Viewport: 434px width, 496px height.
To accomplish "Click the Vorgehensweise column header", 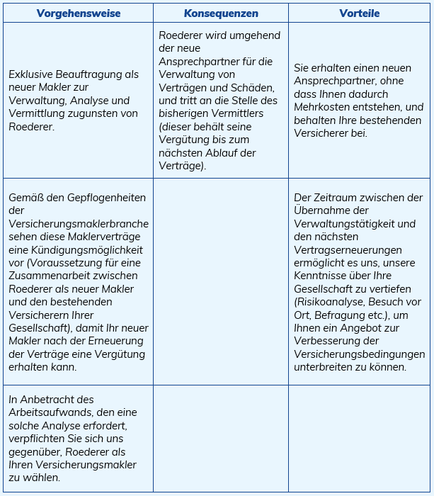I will click(x=79, y=13).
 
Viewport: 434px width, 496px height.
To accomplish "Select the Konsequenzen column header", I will click(x=221, y=13).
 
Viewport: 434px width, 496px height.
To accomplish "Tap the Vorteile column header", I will click(x=359, y=13).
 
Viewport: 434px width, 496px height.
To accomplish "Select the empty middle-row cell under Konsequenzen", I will click(x=221, y=281).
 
